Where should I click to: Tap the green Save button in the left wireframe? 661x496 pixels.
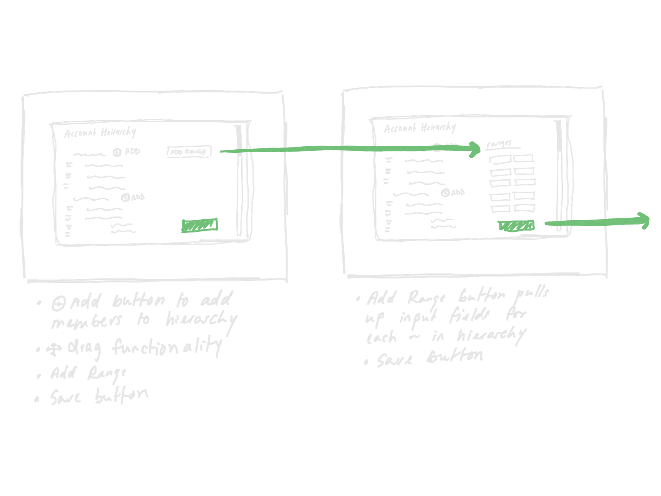[200, 226]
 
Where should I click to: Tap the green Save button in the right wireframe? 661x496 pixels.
[516, 226]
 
